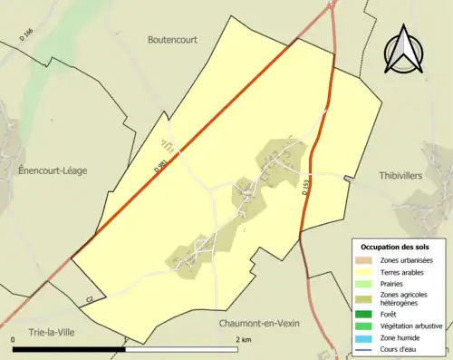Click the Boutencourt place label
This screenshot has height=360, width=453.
172,40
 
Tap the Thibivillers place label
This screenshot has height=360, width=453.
400,176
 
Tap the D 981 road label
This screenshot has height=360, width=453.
160,166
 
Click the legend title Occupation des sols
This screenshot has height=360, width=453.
397,247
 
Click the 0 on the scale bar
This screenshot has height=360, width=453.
14,339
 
